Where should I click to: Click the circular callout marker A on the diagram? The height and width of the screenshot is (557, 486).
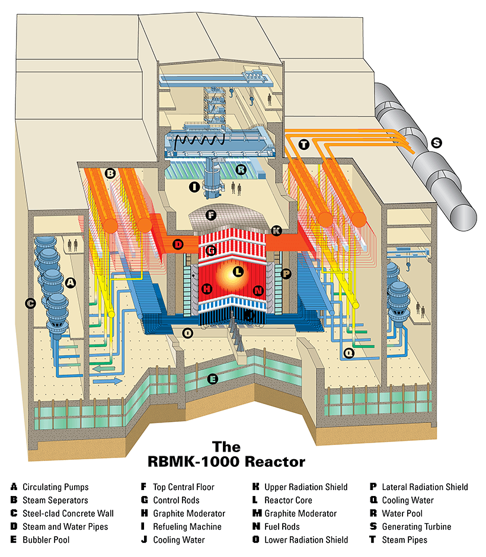tap(71, 283)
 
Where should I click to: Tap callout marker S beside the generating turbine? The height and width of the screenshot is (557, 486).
tap(437, 143)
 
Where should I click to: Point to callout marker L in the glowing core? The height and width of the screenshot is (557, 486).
tap(238, 272)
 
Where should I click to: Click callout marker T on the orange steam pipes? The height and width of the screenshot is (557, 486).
tap(304, 144)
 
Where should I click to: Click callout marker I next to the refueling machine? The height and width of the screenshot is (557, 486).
tap(193, 187)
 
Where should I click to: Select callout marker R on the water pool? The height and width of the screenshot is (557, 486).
tap(241, 169)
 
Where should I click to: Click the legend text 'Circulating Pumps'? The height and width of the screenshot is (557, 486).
tap(56, 487)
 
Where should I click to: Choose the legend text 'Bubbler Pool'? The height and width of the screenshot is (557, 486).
tap(46, 540)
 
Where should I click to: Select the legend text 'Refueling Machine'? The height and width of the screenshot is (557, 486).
tap(187, 527)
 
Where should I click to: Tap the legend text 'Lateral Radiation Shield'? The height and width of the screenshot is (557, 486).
tap(424, 487)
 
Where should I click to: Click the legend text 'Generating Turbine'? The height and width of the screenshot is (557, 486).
tap(416, 527)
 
